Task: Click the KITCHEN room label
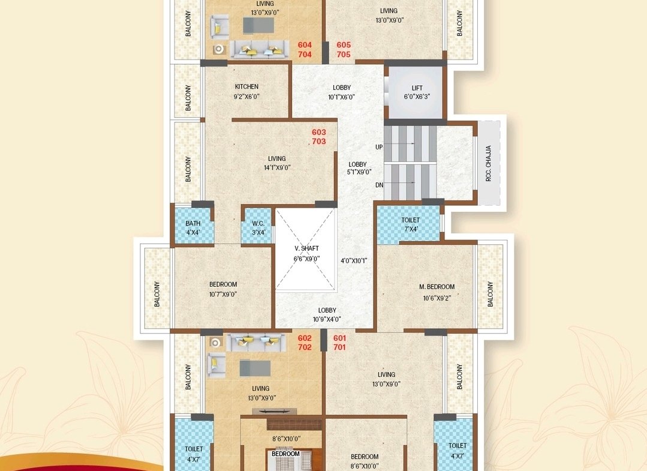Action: coord(247,86)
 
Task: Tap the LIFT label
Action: coord(417,88)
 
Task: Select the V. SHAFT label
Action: coord(306,248)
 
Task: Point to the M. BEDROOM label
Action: coord(437,287)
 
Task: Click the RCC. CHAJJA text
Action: coord(489,163)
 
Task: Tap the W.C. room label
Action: coord(258,223)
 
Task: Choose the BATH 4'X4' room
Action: coord(193,227)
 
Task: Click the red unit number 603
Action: coord(319,132)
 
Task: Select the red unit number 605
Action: coord(344,44)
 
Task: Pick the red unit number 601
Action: coord(339,338)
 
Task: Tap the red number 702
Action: coord(305,347)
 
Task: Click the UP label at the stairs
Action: coord(379,147)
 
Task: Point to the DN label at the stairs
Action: coord(379,185)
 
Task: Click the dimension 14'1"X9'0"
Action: coord(277,167)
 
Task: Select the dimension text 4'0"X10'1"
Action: coord(354,261)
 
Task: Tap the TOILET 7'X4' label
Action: coord(411,224)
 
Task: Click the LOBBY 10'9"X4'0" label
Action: coord(327,314)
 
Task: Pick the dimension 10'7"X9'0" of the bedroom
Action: coord(223,295)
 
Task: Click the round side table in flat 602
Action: coord(215,342)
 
